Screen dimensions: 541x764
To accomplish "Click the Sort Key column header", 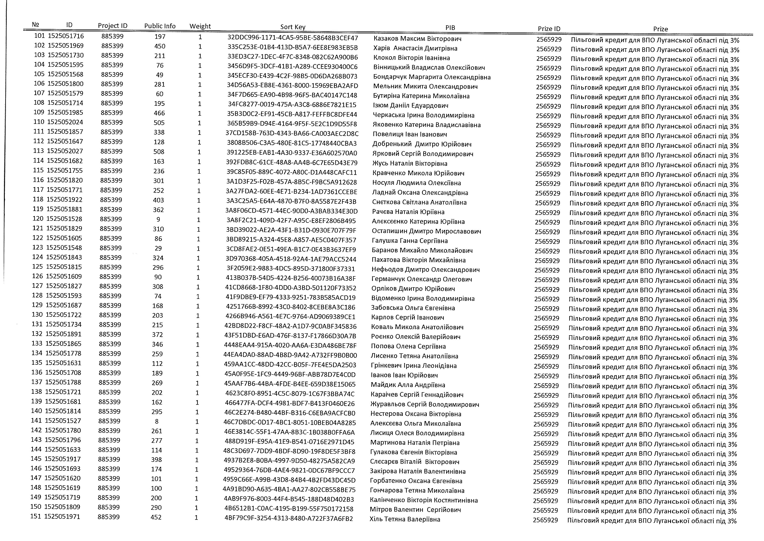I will tap(293, 27).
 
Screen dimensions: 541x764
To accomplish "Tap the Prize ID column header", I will tap(549, 29).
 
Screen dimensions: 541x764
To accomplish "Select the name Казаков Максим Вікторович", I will tap(417, 39).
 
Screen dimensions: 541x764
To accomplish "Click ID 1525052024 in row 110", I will tap(65, 122).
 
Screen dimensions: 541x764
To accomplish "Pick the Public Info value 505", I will tap(159, 123).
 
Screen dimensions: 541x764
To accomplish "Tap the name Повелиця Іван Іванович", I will tap(410, 135).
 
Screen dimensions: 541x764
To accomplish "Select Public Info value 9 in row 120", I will tap(158, 219).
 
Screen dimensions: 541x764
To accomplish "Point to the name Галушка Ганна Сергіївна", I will tap(410, 241).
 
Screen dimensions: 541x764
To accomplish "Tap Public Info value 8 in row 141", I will tap(157, 421).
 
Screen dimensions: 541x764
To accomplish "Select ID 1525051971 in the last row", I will tap(62, 517).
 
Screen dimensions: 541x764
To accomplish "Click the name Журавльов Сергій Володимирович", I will tap(425, 404).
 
